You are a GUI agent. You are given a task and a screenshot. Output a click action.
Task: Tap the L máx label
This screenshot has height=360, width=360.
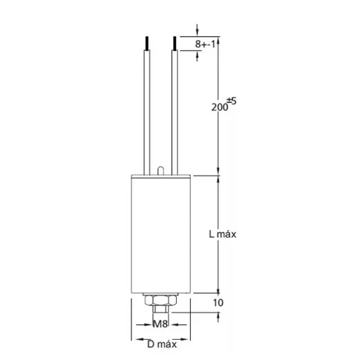pyautogui.click(x=222, y=234)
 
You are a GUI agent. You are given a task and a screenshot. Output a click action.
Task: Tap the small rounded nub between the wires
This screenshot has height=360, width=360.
pyautogui.click(x=161, y=168)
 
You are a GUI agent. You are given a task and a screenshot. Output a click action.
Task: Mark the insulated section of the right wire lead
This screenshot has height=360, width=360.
pyautogui.click(x=172, y=112)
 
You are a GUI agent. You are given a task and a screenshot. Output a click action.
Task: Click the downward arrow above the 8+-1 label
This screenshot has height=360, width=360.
pyautogui.click(x=199, y=30)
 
